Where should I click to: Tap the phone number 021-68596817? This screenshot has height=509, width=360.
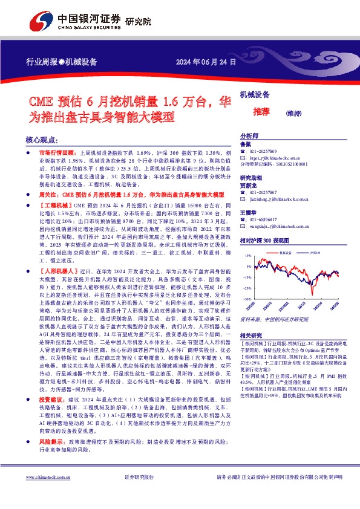tap(265, 219)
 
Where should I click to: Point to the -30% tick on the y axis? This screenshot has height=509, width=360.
tap(247, 299)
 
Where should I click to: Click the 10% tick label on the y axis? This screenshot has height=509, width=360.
tap(247, 256)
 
